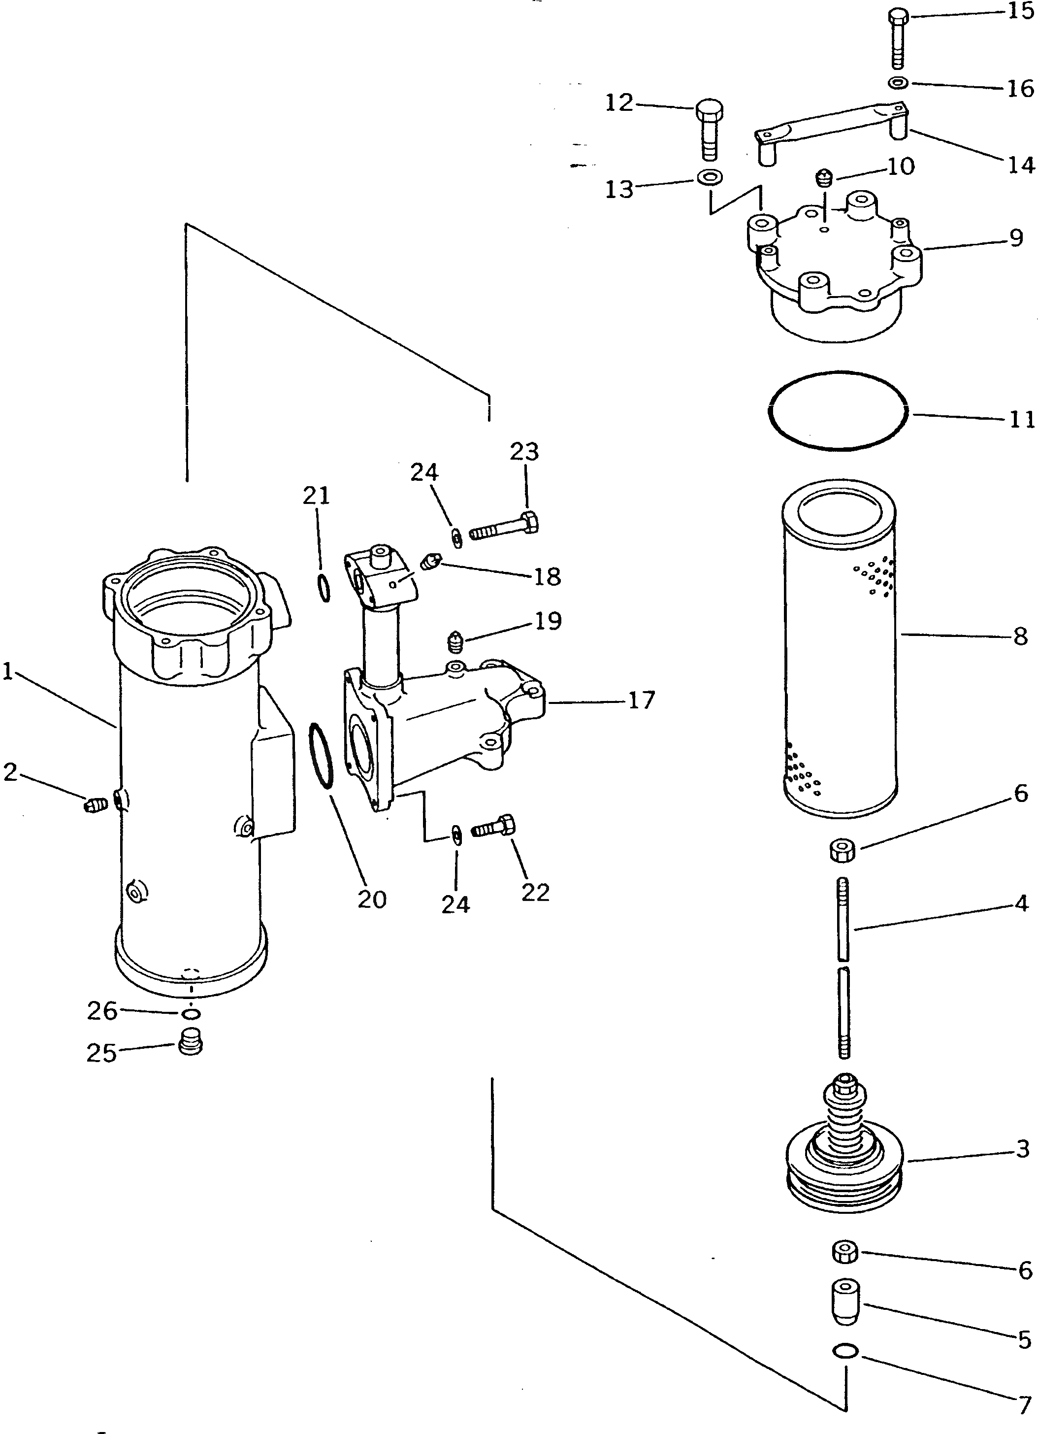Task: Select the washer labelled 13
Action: (x=711, y=177)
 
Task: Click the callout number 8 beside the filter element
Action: (x=1020, y=636)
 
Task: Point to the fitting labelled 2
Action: (x=93, y=805)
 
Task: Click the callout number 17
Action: (x=641, y=700)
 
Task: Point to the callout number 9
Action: (x=1016, y=238)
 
